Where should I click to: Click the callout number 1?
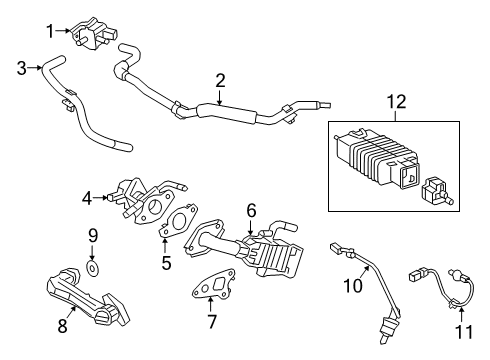pos(50,31)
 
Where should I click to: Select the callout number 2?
pos(220,81)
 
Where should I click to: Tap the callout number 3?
pos(22,68)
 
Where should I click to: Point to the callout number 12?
pos(396,102)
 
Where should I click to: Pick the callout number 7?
pos(212,321)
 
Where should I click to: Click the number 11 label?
pos(464,332)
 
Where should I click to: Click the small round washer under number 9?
pos(92,267)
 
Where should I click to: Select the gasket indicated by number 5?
pos(179,220)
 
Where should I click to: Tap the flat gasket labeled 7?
pos(214,284)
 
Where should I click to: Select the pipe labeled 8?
pos(87,297)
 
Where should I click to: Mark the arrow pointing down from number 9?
pos(92,252)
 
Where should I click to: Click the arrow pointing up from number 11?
pos(462,315)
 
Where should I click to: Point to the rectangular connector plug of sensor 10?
pos(335,248)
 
